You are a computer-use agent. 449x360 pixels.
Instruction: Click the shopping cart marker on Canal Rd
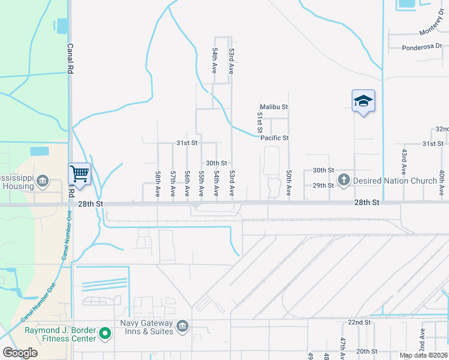click(x=80, y=174)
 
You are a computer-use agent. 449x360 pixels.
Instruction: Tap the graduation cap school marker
click(x=363, y=101)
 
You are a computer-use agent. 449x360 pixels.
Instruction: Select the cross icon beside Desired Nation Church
click(x=344, y=179)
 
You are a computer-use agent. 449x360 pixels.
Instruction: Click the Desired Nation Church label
click(x=394, y=180)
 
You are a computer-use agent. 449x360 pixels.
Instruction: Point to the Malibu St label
click(x=274, y=107)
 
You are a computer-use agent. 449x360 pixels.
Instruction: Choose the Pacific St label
click(x=275, y=138)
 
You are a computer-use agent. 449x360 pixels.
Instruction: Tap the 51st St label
click(x=261, y=122)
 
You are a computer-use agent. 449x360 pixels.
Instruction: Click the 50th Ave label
click(x=289, y=183)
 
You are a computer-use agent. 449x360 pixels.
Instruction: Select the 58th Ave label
click(x=158, y=184)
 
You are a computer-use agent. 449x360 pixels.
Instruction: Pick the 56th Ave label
click(x=187, y=184)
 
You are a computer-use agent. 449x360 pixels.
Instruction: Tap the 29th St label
click(x=323, y=185)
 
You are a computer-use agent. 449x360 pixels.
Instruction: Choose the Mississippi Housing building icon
click(x=43, y=181)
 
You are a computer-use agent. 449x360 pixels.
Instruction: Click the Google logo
click(x=20, y=353)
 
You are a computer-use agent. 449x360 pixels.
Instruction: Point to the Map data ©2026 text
click(x=423, y=355)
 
